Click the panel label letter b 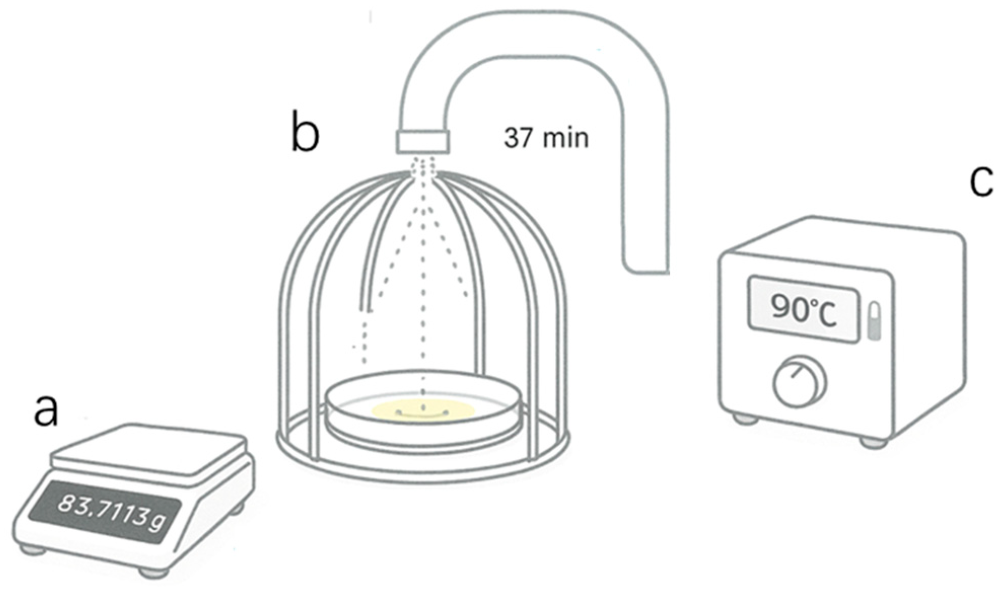[x=305, y=133]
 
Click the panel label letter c [x=981, y=181]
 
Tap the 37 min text [x=546, y=138]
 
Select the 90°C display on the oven [x=803, y=309]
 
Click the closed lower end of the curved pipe [x=647, y=265]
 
